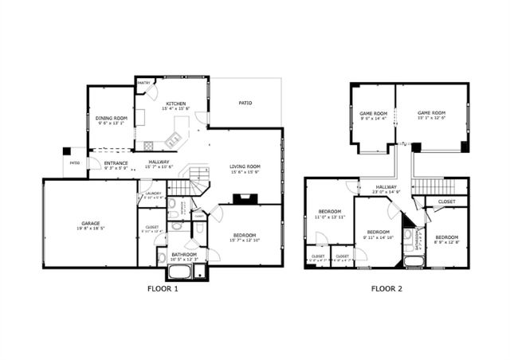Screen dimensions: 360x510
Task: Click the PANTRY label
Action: [144, 82]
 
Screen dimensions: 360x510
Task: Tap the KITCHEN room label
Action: [176, 106]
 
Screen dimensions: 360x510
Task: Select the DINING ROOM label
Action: [112, 120]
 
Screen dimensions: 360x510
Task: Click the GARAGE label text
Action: [90, 225]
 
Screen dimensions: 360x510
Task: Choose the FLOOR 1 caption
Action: [163, 288]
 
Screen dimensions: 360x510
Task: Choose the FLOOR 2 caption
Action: [386, 288]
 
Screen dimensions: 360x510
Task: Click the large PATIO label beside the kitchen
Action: [245, 103]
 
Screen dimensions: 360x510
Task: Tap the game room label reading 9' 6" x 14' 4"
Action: [372, 115]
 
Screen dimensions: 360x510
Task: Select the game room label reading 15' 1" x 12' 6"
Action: [431, 115]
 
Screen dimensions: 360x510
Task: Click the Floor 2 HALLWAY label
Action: [385, 189]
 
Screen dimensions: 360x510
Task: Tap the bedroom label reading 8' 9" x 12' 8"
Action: [446, 239]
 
